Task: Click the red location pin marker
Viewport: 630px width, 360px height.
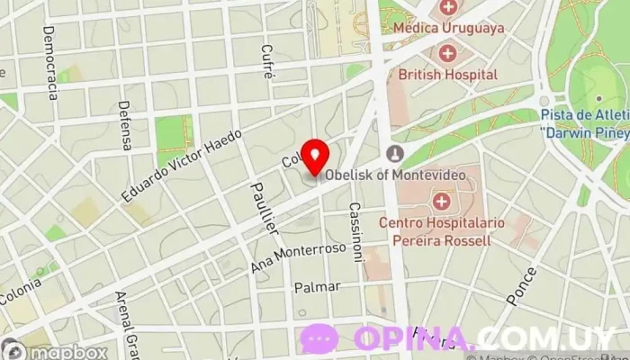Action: [x=315, y=157]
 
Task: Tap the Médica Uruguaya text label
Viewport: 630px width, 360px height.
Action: [x=449, y=28]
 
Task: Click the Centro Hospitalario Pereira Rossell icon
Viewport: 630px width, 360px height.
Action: [x=441, y=200]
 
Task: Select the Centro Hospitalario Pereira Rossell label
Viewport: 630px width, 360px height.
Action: [x=441, y=230]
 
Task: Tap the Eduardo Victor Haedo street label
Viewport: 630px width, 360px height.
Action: [x=184, y=166]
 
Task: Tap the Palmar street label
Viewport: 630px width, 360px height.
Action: [x=316, y=287]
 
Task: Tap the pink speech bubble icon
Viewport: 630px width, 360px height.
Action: [x=319, y=338]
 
